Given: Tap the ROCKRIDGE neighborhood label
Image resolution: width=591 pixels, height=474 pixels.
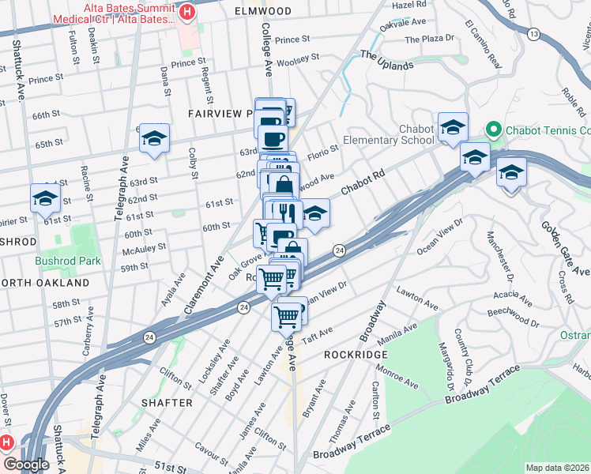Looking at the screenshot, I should tap(354, 355).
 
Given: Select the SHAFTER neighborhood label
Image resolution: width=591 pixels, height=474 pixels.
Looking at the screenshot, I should tap(167, 402).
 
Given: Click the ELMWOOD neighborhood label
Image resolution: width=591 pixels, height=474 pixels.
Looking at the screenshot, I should tap(263, 11).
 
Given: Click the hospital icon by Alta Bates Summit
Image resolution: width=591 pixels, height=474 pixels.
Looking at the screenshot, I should tap(187, 12).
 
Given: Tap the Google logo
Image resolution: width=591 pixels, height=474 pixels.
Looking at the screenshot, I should tap(26, 465).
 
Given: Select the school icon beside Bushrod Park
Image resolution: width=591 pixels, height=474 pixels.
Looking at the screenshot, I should tap(45, 200).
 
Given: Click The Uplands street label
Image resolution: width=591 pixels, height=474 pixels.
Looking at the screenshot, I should tap(387, 60).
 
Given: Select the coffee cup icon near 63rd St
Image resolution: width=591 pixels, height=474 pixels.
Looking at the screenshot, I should tap(274, 139).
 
